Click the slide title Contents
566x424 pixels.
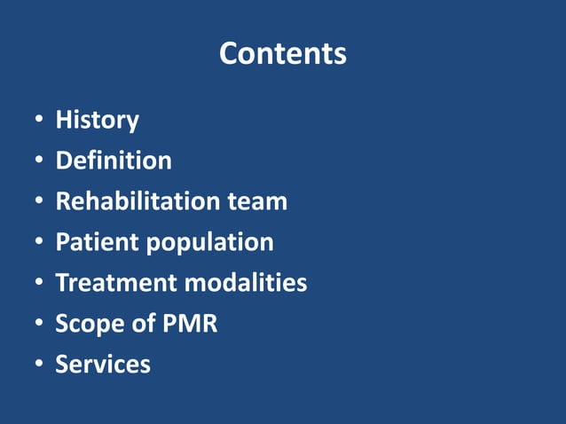[x=282, y=54]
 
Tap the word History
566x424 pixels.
[x=97, y=120]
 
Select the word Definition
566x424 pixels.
[x=114, y=161]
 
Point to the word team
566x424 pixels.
[x=257, y=201]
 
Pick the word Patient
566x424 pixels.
[x=94, y=242]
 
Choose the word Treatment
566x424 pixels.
[x=116, y=283]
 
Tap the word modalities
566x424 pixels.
[x=246, y=283]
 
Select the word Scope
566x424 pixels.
[x=90, y=325]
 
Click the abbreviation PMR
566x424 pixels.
[x=189, y=324]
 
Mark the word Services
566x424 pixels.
[x=103, y=365]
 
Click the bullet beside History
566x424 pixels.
[x=39, y=121]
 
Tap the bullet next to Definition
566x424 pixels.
[x=39, y=161]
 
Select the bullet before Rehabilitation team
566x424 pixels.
[x=39, y=202]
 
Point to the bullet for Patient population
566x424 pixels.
[x=39, y=243]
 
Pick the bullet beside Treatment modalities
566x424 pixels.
[x=39, y=284]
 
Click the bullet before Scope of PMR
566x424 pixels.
[x=39, y=325]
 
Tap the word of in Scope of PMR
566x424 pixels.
[x=144, y=324]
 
